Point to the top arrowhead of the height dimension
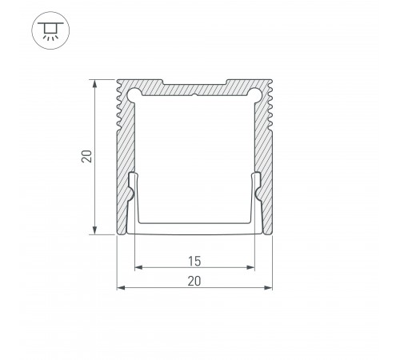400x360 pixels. [96, 82]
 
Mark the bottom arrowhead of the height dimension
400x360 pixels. [96, 231]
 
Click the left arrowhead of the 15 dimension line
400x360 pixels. [137, 266]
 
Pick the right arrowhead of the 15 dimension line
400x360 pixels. [251, 266]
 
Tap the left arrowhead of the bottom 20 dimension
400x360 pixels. [122, 287]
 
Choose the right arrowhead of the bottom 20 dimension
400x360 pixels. [266, 287]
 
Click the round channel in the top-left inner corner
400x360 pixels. [134, 94]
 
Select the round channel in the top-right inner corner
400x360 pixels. [255, 94]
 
